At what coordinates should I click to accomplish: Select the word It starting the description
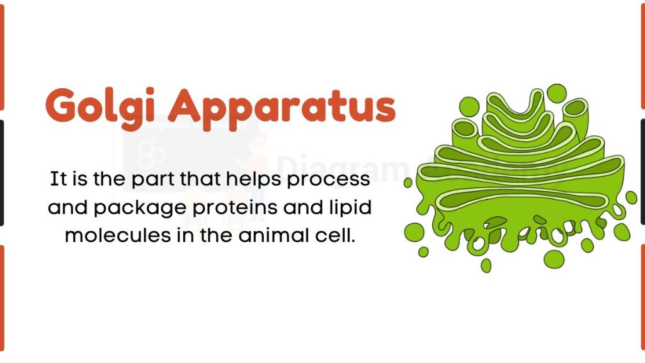click(58, 179)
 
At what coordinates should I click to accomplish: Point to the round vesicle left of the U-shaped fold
click(469, 107)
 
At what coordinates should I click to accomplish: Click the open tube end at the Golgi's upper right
click(574, 113)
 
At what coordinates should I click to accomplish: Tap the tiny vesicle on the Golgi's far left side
click(408, 183)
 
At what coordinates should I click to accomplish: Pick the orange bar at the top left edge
click(2, 57)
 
